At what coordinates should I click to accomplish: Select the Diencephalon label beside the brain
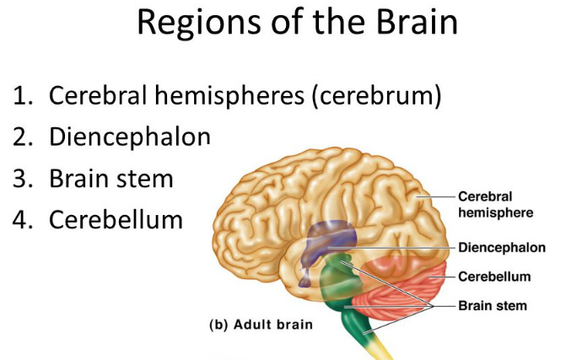pos(501,248)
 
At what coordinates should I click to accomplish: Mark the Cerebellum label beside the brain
pos(493,276)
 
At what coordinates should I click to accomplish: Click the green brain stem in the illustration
pos(345,291)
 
